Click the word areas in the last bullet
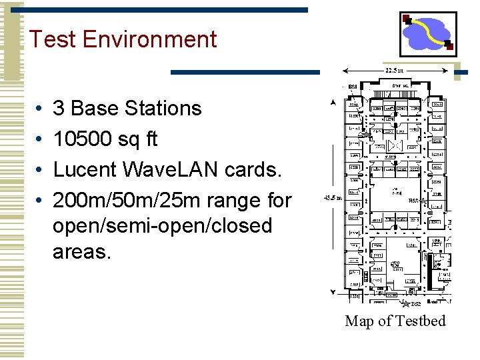click(x=81, y=251)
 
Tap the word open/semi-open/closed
click(x=163, y=226)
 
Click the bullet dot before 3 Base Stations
click(x=40, y=108)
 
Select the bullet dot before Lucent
click(x=40, y=169)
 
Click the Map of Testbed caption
click(x=395, y=321)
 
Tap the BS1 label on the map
click(x=353, y=87)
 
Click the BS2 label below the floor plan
click(x=416, y=304)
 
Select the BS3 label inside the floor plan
click(x=413, y=199)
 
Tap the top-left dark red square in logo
click(x=407, y=19)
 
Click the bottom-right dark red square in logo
click(x=449, y=47)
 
